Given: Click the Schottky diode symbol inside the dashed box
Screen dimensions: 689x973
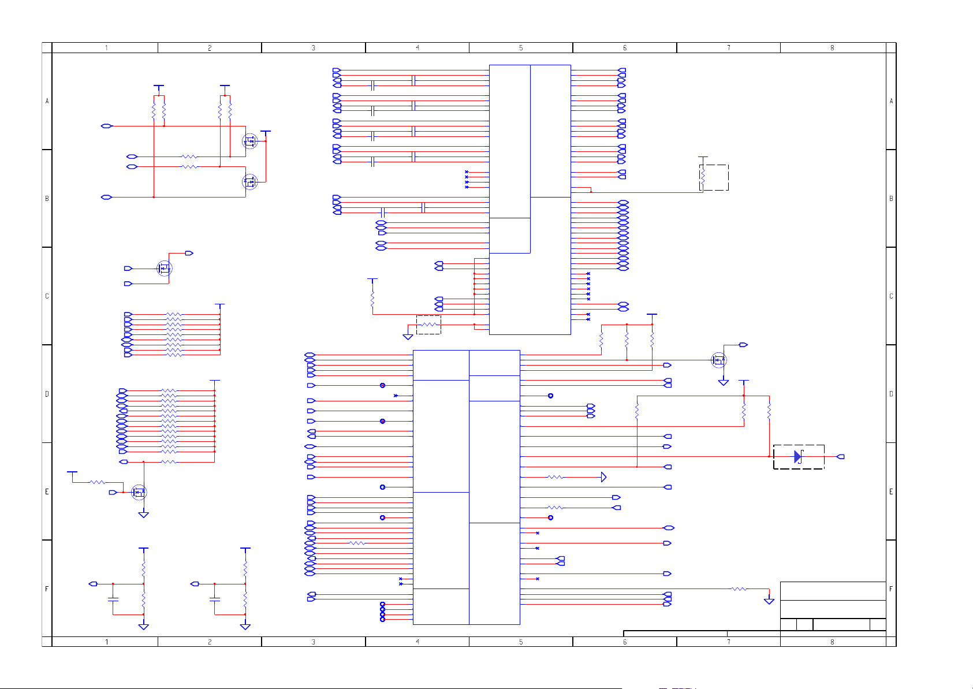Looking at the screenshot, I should pyautogui.click(x=798, y=457).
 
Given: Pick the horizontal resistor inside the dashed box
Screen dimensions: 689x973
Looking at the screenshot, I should pyautogui.click(x=428, y=325).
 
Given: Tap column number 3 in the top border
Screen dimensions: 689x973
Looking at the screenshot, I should pyautogui.click(x=314, y=48).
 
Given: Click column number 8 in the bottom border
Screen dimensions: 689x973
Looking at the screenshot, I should pyautogui.click(x=832, y=642).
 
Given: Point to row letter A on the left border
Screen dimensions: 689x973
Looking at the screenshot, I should pyautogui.click(x=47, y=101).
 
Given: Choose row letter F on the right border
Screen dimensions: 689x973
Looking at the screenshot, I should pyautogui.click(x=891, y=589).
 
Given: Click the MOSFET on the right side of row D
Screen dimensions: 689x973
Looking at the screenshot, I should pyautogui.click(x=718, y=360).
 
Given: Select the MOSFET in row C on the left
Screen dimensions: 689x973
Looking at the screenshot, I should pyautogui.click(x=165, y=269).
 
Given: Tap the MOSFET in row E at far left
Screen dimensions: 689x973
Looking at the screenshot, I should pyautogui.click(x=139, y=493).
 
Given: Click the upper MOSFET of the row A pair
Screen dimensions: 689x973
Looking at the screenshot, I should pyautogui.click(x=249, y=141).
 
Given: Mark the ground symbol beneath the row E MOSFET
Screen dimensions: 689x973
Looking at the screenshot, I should pyautogui.click(x=144, y=514).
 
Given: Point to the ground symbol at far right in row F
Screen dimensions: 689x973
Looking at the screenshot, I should pyautogui.click(x=769, y=601).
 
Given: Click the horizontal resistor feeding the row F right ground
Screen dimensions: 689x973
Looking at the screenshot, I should pyautogui.click(x=739, y=589).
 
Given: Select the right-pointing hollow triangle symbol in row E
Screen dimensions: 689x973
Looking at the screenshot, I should pyautogui.click(x=603, y=477).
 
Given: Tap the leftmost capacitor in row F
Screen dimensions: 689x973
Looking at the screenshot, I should pyautogui.click(x=113, y=601).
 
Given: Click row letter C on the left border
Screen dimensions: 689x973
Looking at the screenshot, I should pyautogui.click(x=47, y=296).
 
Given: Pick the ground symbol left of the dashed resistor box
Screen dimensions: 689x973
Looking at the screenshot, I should pyautogui.click(x=408, y=336).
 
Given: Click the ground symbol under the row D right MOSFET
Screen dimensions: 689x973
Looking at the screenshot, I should pyautogui.click(x=724, y=382).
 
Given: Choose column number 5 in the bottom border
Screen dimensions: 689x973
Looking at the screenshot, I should pyautogui.click(x=521, y=642).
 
